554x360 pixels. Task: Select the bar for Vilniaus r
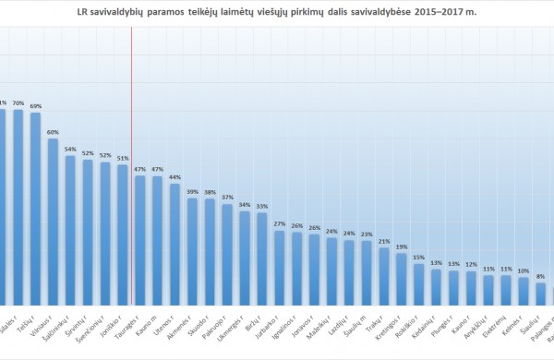coord(54,222)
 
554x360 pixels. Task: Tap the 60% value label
coord(54,132)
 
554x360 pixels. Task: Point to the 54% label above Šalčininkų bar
coord(70,149)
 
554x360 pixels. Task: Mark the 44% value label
coord(175,177)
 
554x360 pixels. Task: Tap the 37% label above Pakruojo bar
coord(227,198)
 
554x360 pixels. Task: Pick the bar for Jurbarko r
coord(279,268)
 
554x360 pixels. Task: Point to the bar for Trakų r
coord(384,275)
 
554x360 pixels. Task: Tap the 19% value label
coord(401,246)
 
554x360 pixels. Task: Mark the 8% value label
coord(540,276)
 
